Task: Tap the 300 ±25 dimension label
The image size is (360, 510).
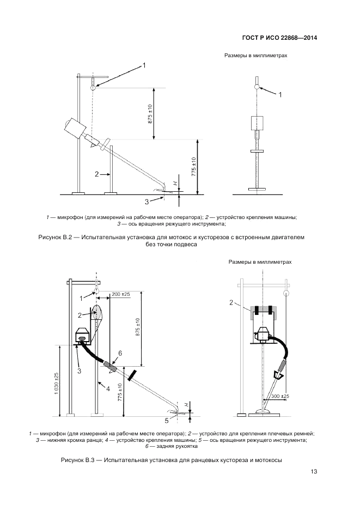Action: pos(279,396)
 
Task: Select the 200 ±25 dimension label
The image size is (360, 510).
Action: pos(120,295)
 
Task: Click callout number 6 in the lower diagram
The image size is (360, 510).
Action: pos(120,354)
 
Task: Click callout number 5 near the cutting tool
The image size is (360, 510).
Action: pos(167,420)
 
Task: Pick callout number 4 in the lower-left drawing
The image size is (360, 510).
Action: pos(108,388)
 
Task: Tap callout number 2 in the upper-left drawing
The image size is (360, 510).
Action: pos(96,174)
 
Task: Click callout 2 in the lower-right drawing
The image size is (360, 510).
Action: pos(231,302)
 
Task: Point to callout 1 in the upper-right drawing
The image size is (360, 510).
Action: pos(280,95)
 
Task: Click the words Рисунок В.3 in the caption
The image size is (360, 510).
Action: pos(78,461)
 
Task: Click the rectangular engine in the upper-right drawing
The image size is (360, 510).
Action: pos(257,123)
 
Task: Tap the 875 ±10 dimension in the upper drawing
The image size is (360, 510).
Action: pos(150,113)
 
